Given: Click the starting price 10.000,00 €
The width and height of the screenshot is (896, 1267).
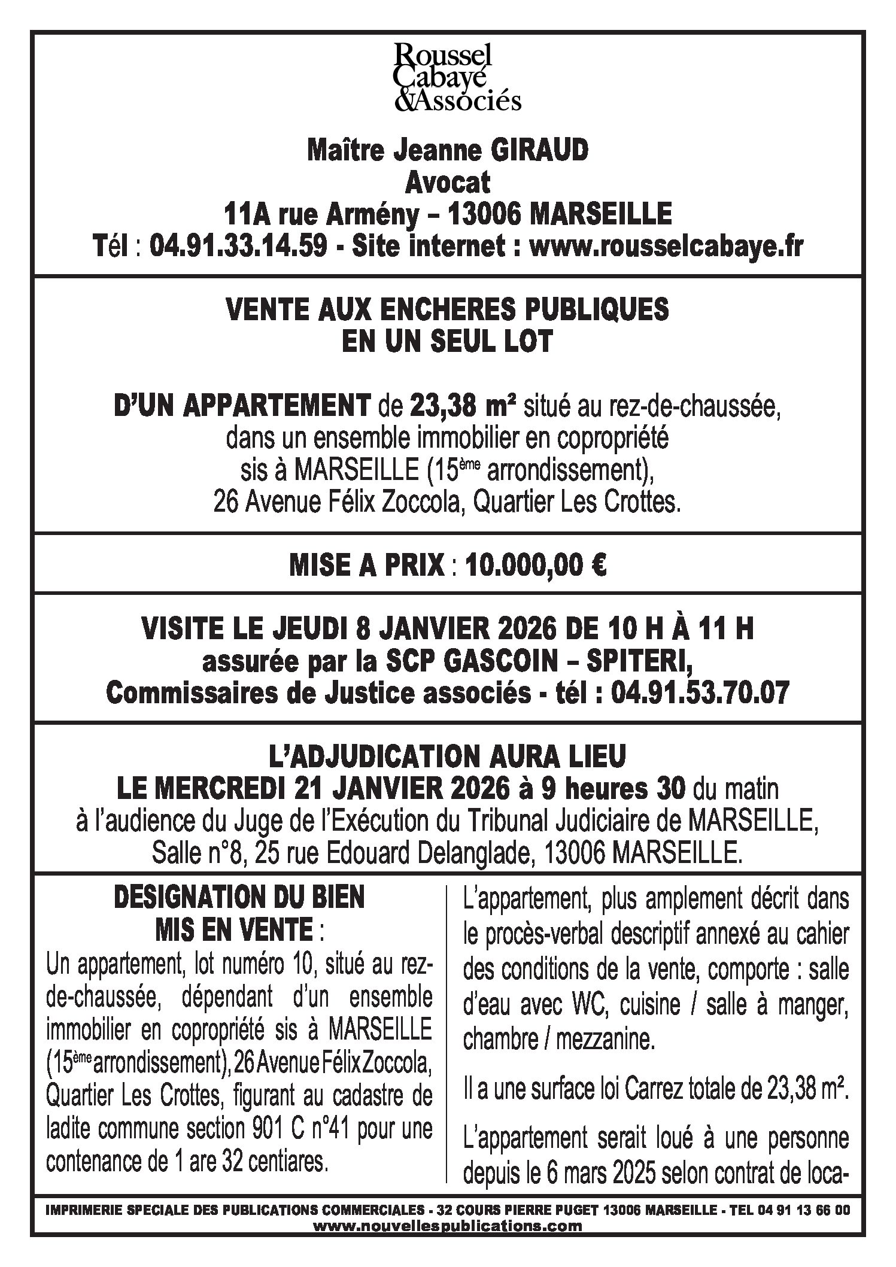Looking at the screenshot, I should (x=536, y=566).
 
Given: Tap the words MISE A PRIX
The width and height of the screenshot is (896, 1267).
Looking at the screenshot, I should (x=367, y=566).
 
